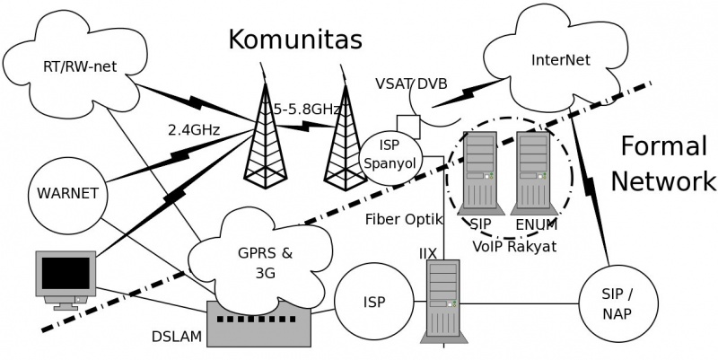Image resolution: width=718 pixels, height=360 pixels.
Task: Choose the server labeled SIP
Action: [x=479, y=170]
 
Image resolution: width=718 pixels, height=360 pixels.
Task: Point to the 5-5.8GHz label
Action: [x=301, y=109]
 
